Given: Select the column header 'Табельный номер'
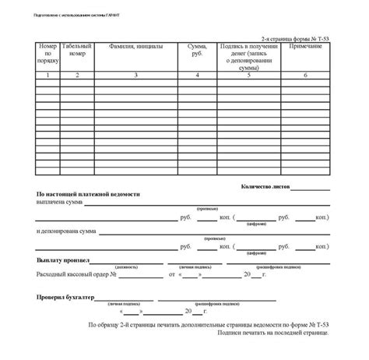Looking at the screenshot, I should pos(77,51).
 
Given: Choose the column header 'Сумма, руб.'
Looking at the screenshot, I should pos(197,51).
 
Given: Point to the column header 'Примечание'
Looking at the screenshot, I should pos(304,48).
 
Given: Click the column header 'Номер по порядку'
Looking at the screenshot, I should pos(47,55).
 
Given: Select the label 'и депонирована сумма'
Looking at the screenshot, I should pos(66,231).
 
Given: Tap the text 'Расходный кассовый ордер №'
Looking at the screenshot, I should pos(76,275).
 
